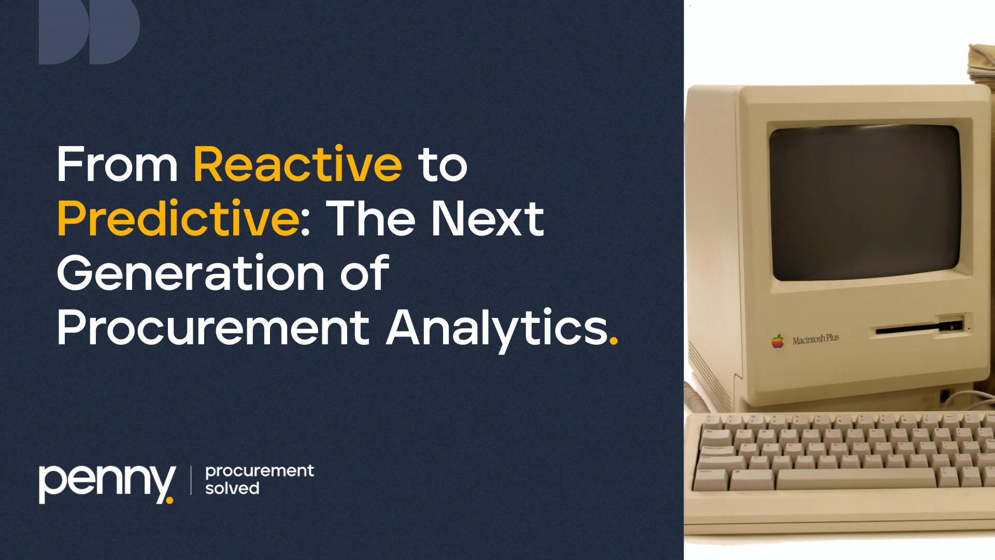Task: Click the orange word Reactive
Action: [x=297, y=164]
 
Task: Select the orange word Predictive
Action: [x=178, y=218]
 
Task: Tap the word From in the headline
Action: [x=117, y=164]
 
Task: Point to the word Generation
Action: [x=190, y=273]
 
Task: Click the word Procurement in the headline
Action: [x=213, y=327]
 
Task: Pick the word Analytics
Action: [x=497, y=330]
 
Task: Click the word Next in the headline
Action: [x=488, y=218]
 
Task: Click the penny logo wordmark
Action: [x=106, y=483]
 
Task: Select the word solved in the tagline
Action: [x=232, y=488]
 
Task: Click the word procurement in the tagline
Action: [x=260, y=471]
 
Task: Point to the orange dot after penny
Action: [x=169, y=500]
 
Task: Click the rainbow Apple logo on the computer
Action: [x=777, y=341]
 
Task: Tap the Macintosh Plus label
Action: [x=816, y=339]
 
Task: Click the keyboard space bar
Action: [x=856, y=479]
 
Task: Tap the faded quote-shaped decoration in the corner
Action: [x=89, y=32]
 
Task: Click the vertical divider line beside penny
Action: [x=191, y=480]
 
